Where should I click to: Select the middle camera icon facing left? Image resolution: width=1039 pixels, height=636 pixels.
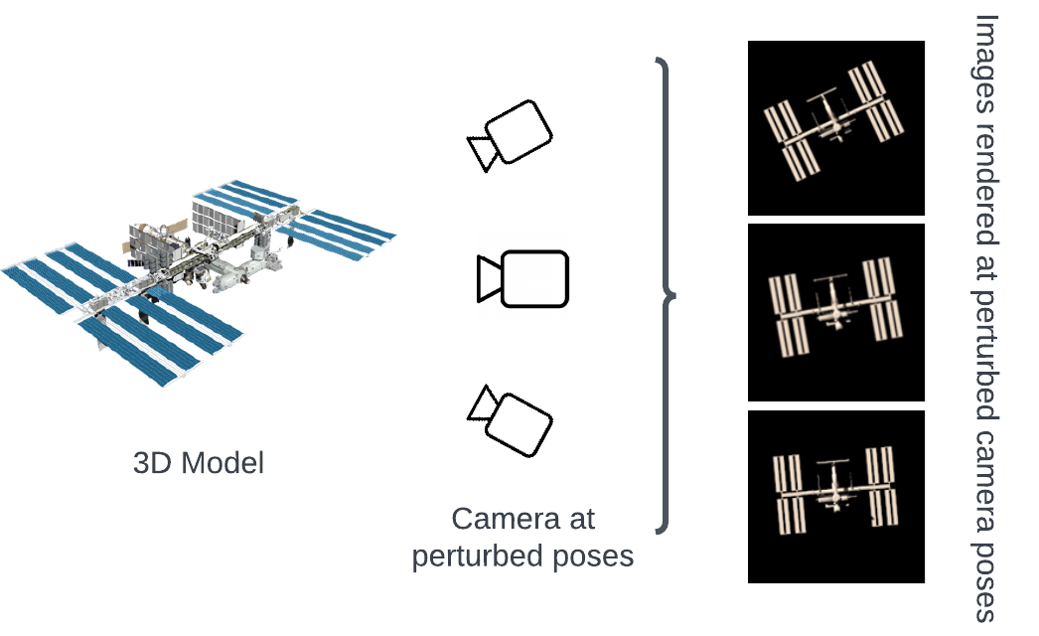pos(522,278)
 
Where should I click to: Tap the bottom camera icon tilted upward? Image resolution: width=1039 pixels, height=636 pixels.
pos(511,418)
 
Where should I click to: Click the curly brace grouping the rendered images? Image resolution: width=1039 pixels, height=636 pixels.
pos(668,295)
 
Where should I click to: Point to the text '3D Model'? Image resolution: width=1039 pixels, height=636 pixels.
pos(199,463)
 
